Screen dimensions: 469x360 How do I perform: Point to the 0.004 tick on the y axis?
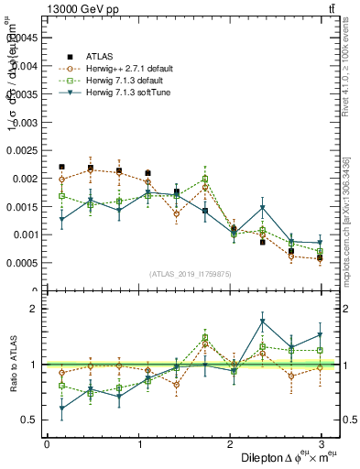pos(24,66)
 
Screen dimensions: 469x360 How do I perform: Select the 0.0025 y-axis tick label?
pos(22,150)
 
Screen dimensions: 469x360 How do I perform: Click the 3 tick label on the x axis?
pos(322,444)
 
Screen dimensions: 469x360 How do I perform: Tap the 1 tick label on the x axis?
pos(138,444)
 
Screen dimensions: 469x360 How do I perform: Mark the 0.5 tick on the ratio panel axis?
pos(27,420)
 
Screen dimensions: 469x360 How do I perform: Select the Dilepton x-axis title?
pos(285,457)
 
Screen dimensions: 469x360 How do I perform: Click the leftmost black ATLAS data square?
pos(61,167)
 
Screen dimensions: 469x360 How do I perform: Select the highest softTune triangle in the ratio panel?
pos(262,322)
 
